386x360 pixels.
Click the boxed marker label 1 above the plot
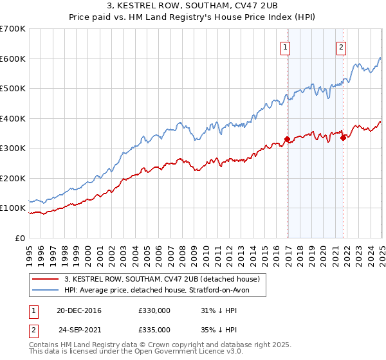point(284,46)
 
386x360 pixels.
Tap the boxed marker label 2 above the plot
point(340,46)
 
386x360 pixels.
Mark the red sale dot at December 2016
point(287,139)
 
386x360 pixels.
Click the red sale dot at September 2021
point(343,137)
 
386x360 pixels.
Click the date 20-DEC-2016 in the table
point(78,310)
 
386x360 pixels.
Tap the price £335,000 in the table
point(154,329)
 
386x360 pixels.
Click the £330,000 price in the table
point(154,310)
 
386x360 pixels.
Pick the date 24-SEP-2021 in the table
point(80,329)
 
